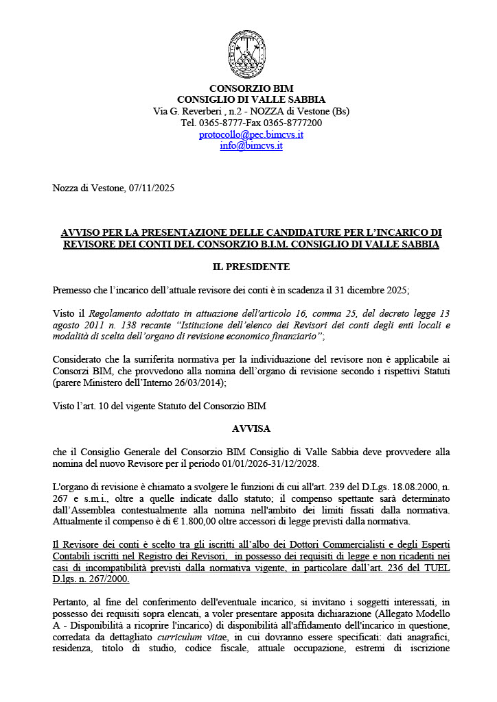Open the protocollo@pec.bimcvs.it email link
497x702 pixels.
tap(251, 134)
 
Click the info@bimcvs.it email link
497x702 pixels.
tap(251, 145)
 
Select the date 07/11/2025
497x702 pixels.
tap(152, 188)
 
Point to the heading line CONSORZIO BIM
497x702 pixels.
tap(251, 88)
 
